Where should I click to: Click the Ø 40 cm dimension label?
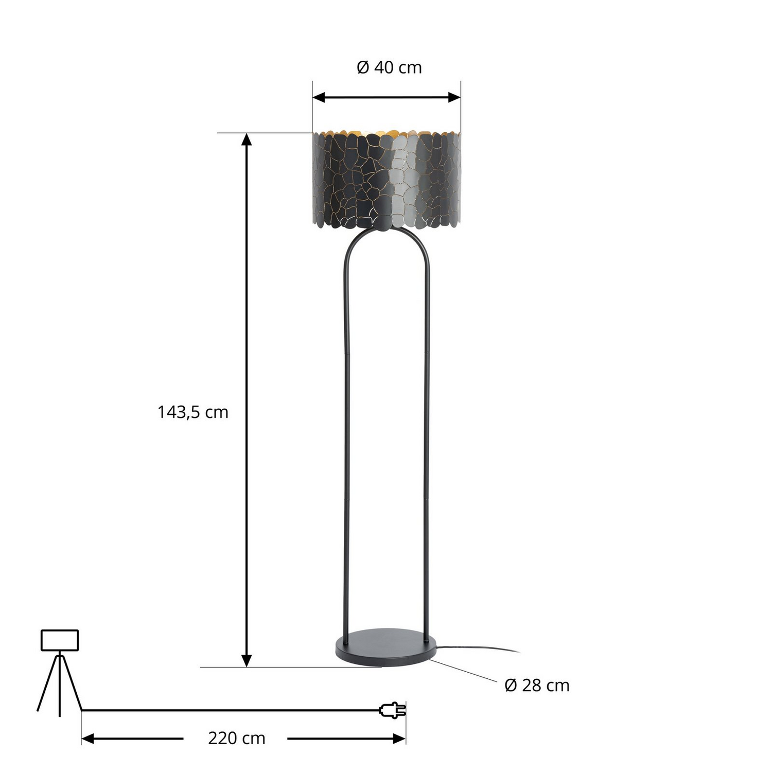(x=389, y=67)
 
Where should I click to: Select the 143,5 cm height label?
(x=192, y=412)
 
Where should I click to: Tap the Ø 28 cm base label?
(x=537, y=686)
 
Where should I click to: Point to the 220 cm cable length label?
(x=236, y=739)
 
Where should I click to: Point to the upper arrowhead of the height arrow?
(x=247, y=139)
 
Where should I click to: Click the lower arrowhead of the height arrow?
(x=247, y=661)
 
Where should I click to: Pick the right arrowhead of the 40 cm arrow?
(x=454, y=97)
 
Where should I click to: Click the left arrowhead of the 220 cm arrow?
(x=88, y=739)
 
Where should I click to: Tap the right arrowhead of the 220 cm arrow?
(x=399, y=739)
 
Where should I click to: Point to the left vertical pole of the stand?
(x=347, y=437)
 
